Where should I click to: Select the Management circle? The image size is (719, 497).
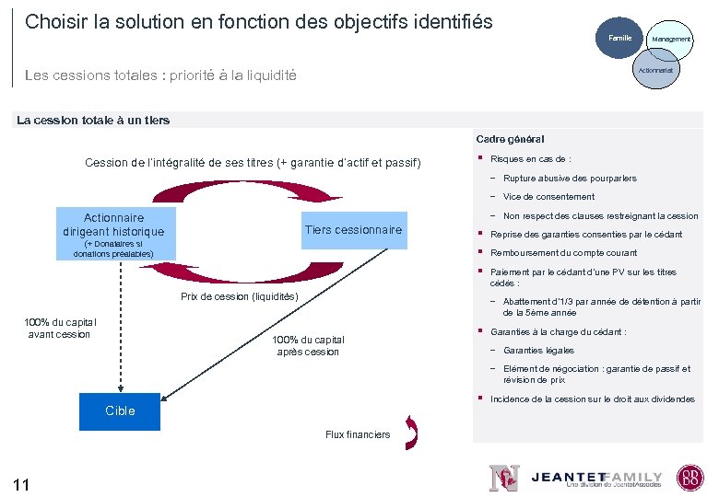click(670, 40)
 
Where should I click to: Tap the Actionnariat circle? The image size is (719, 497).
click(655, 69)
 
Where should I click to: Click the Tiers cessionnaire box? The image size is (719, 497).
click(353, 230)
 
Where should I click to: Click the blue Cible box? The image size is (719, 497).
click(120, 410)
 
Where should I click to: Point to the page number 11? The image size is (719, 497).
click(22, 484)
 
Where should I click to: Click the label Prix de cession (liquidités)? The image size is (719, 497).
click(240, 296)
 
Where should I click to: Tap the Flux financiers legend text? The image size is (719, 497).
click(358, 434)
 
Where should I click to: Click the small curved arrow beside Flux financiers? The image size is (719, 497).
click(412, 433)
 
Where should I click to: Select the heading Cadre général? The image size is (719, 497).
click(510, 139)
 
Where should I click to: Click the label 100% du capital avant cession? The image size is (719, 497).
click(60, 328)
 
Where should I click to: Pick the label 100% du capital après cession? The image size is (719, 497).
click(308, 346)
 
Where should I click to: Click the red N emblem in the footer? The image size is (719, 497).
click(503, 478)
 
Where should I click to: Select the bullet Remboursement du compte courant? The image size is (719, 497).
click(563, 253)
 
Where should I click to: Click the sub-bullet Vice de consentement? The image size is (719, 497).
click(548, 197)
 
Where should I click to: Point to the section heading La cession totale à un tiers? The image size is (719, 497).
click(93, 120)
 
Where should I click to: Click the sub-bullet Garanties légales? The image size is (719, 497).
click(538, 351)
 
